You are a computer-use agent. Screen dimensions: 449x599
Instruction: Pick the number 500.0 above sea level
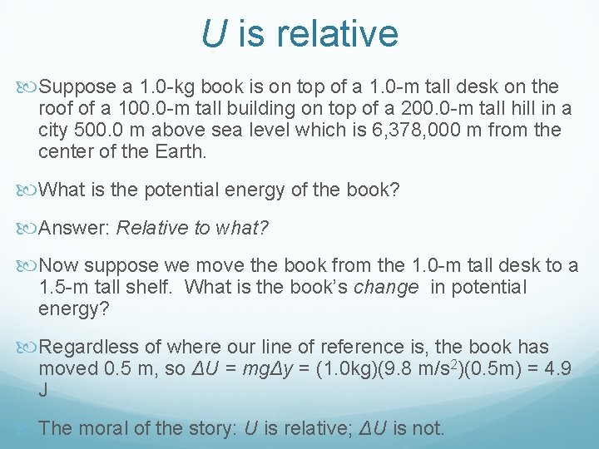pos(101,130)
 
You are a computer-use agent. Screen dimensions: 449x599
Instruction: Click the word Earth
pos(183,151)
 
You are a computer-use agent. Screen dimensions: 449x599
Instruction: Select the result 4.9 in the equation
pos(555,368)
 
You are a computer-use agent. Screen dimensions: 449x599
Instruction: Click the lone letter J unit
pos(43,389)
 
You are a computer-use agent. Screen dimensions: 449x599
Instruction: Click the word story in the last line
pos(212,428)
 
